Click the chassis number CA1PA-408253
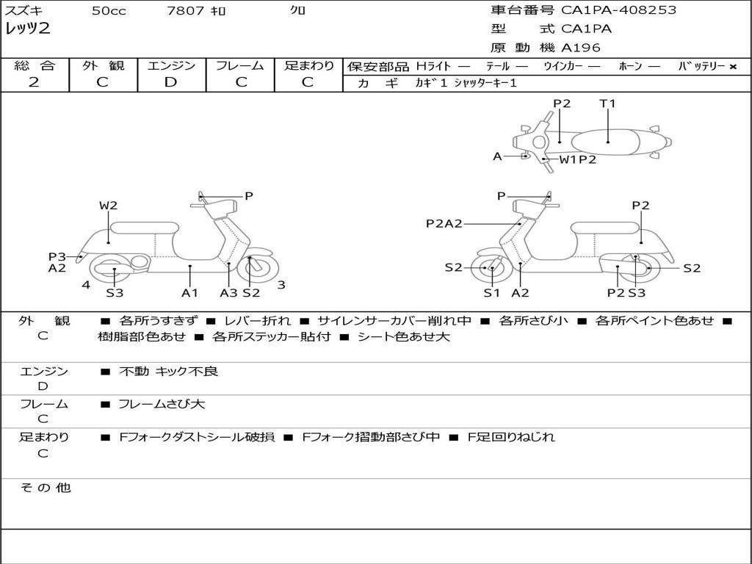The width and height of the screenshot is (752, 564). (x=618, y=10)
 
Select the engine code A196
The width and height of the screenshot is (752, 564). (x=581, y=48)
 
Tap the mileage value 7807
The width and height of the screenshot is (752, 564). (x=184, y=11)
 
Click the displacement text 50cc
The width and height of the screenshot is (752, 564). (x=109, y=11)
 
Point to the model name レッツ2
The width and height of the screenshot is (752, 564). (x=27, y=29)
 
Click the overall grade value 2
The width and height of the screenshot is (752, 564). (x=34, y=82)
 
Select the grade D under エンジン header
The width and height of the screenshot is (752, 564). (x=170, y=82)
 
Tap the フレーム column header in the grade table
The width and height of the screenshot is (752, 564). (x=239, y=66)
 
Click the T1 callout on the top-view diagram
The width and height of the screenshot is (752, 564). (x=607, y=104)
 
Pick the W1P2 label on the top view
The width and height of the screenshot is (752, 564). (x=578, y=159)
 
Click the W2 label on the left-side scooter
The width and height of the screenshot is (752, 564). (x=108, y=206)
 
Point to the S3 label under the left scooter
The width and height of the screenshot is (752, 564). (x=115, y=293)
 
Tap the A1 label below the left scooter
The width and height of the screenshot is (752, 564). (x=189, y=293)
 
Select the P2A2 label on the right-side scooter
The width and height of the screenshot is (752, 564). (x=444, y=224)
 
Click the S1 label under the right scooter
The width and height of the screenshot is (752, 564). (x=491, y=293)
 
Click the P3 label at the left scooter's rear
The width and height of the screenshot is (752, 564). (x=57, y=256)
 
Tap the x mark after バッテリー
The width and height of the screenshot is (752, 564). (x=732, y=67)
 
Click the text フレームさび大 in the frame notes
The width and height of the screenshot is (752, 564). (x=162, y=404)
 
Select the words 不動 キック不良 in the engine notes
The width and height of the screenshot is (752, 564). (x=168, y=372)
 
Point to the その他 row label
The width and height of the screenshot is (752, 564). (x=45, y=488)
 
